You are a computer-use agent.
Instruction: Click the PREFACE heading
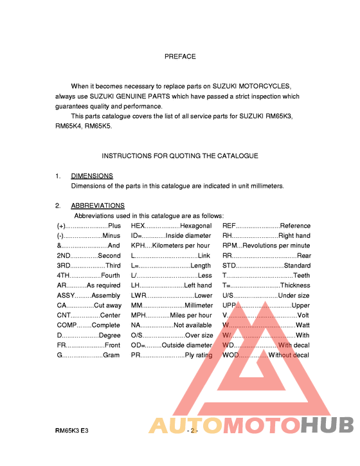click(x=180, y=57)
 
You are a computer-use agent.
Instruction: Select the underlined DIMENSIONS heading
click(x=92, y=175)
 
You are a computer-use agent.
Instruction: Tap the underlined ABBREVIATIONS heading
click(x=98, y=206)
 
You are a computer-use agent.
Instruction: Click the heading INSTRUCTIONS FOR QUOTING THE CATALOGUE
click(x=180, y=156)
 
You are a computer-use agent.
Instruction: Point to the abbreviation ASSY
click(x=66, y=296)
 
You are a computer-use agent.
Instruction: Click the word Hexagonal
click(x=195, y=226)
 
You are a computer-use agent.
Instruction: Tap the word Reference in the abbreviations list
click(x=295, y=226)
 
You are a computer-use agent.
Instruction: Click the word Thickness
click(x=295, y=285)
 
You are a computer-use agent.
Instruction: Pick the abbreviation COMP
click(x=67, y=325)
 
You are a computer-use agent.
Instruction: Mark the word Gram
click(x=111, y=355)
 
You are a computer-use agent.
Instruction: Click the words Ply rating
click(x=198, y=355)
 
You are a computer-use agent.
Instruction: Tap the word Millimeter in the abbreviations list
click(x=199, y=305)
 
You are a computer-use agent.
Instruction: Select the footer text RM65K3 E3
click(x=71, y=429)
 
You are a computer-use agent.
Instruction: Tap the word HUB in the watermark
click(x=327, y=425)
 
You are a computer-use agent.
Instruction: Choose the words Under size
click(x=294, y=296)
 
